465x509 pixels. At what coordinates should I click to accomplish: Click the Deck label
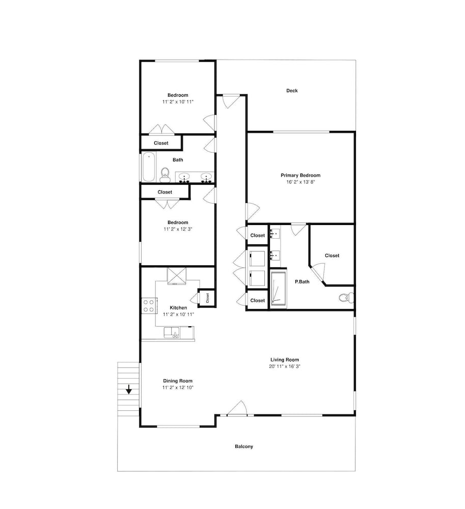click(x=292, y=91)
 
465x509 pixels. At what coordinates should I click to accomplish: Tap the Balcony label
click(x=244, y=446)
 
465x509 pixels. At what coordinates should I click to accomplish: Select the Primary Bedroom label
click(x=300, y=175)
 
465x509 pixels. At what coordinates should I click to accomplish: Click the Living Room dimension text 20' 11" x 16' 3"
click(x=285, y=366)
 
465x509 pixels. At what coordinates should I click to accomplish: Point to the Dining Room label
click(x=178, y=381)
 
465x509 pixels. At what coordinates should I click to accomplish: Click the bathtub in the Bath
click(x=149, y=167)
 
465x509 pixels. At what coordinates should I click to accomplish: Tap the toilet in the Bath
click(x=165, y=174)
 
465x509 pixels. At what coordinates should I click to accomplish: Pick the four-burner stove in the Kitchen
click(x=149, y=305)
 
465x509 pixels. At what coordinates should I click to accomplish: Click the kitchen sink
click(x=172, y=333)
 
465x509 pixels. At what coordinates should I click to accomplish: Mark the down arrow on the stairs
click(x=129, y=389)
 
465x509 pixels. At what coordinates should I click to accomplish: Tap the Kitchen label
click(x=178, y=308)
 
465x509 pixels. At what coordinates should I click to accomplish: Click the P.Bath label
click(x=302, y=282)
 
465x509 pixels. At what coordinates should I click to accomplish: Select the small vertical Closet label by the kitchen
click(x=207, y=298)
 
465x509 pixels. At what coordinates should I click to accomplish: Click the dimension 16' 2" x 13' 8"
click(x=300, y=182)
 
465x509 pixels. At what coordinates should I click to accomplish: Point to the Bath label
click(x=178, y=160)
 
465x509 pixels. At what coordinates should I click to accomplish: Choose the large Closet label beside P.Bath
click(x=332, y=256)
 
